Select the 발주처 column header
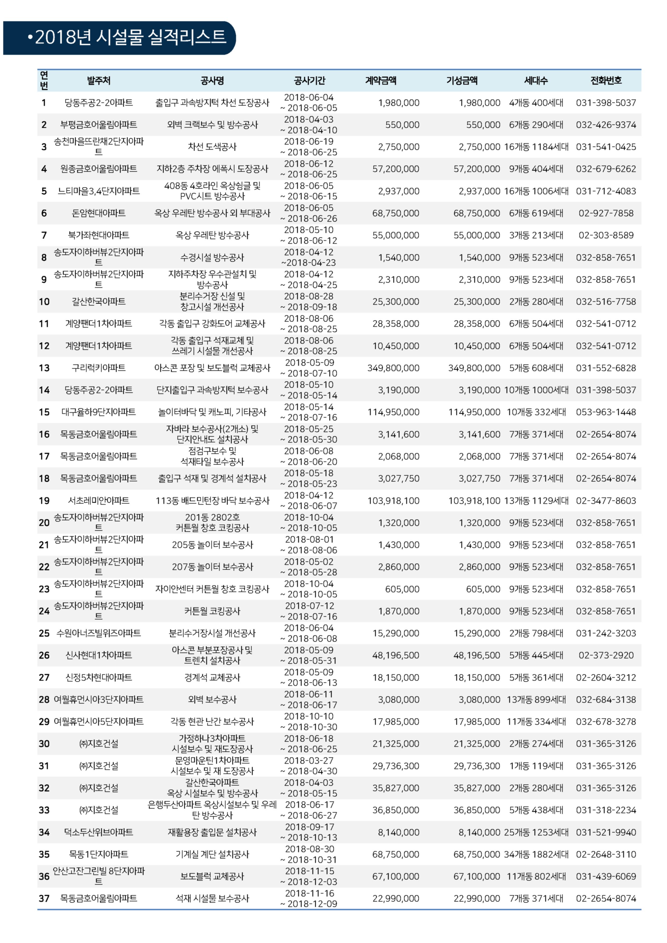click(99, 81)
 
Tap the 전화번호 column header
click(606, 81)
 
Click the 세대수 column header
click(536, 81)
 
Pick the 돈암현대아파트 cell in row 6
click(99, 213)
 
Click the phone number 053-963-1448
click(606, 412)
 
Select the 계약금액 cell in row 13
click(393, 368)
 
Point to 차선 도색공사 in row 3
click(212, 147)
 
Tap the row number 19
click(44, 501)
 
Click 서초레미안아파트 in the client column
click(99, 501)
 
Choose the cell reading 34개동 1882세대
click(536, 854)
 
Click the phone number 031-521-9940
click(606, 832)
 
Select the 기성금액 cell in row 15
click(474, 412)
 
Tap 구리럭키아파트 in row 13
click(99, 368)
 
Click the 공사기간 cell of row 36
click(309, 876)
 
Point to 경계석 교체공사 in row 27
click(212, 677)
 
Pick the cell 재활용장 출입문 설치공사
click(212, 832)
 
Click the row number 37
click(44, 899)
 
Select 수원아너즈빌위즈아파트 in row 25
click(99, 633)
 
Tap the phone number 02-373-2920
click(606, 655)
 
